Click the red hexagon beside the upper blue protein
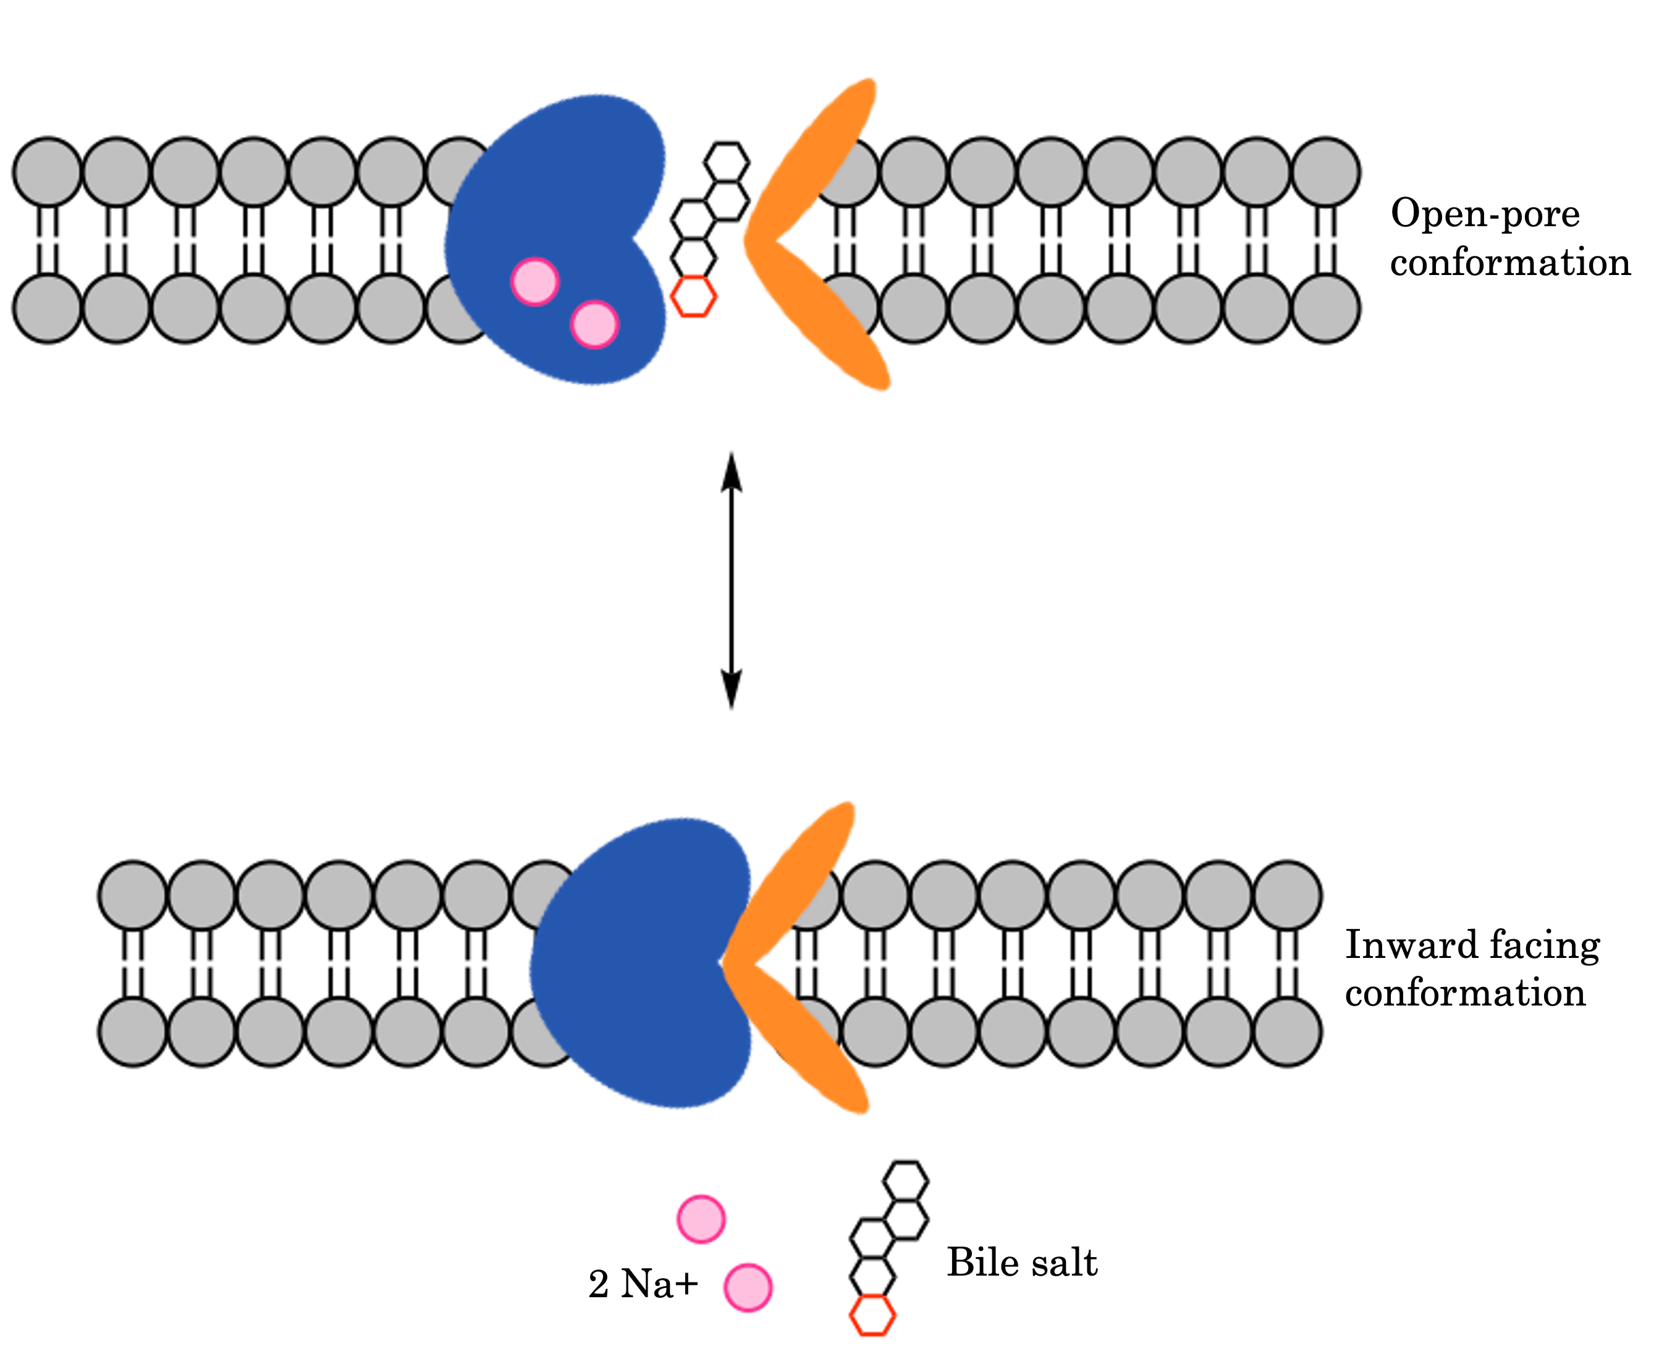point(693,297)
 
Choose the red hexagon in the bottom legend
point(872,1316)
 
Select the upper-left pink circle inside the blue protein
point(534,281)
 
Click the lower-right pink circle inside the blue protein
point(594,324)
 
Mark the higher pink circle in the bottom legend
point(701,1219)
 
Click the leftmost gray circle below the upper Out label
point(48,172)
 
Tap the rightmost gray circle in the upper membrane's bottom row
point(1325,308)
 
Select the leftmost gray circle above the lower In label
point(133,1032)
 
